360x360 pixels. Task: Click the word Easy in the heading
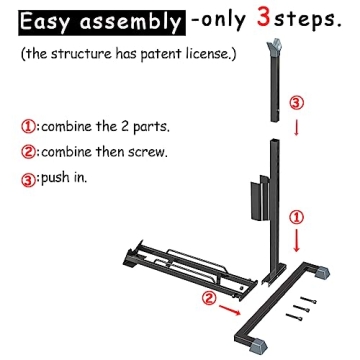[46, 21]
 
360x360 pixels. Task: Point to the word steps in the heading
[316, 21]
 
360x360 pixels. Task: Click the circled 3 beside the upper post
[294, 101]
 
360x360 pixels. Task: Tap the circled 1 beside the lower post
[294, 216]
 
